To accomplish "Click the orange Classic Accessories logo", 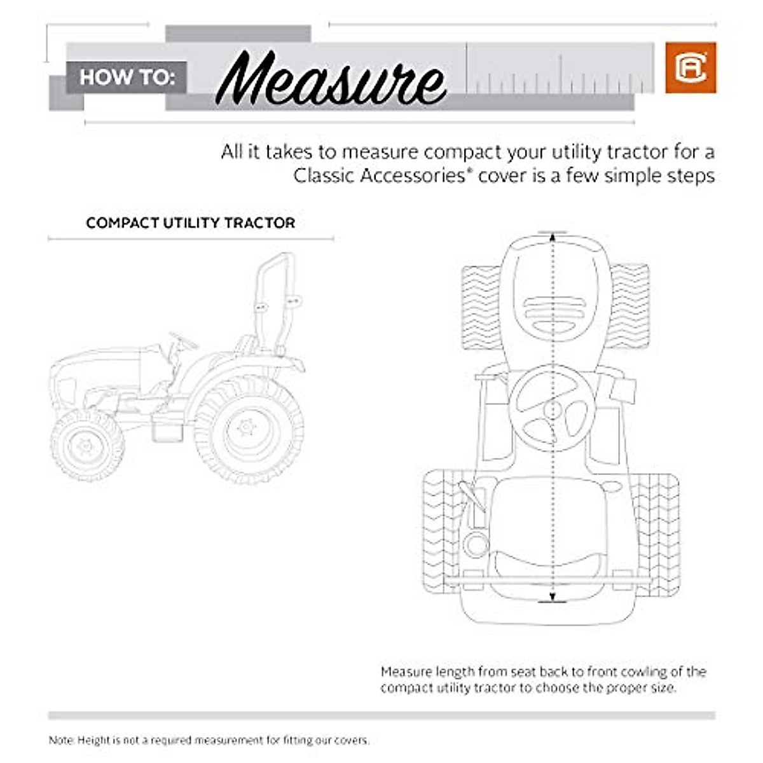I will click(691, 67).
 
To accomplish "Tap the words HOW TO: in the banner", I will click(127, 78).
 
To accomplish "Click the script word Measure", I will click(331, 79).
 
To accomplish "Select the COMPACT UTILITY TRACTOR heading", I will click(191, 223).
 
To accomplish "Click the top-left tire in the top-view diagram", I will click(480, 307).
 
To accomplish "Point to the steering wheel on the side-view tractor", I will click(184, 341).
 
